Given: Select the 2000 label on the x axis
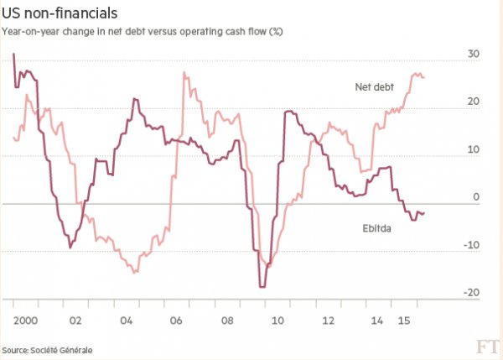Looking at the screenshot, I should click(23, 321).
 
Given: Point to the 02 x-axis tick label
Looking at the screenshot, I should click(75, 321).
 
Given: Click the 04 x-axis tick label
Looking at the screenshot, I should click(127, 321).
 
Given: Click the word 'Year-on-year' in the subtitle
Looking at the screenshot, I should click(29, 32).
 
